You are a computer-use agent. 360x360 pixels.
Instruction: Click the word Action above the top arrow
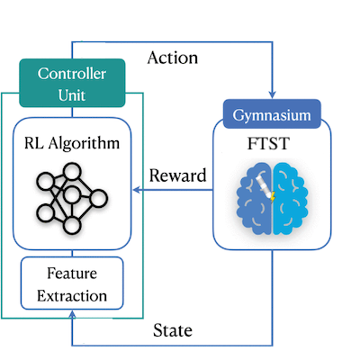tap(172, 58)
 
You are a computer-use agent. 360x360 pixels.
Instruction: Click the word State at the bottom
tap(172, 330)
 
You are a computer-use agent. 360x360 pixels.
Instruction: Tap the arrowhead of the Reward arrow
tap(135, 190)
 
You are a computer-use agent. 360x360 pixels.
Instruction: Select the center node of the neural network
tap(70, 194)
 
